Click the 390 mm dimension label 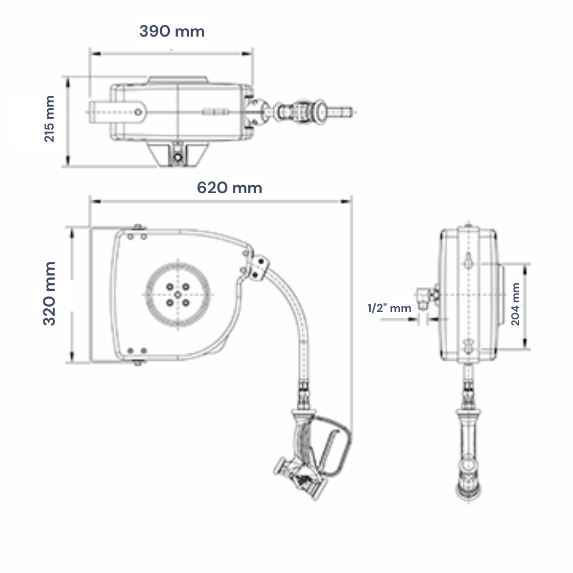172,31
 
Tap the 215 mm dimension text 49,119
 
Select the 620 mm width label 230,188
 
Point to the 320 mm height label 49,293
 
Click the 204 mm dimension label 515,304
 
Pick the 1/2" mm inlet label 389,308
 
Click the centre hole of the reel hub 178,294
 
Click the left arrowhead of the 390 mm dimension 95,54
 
